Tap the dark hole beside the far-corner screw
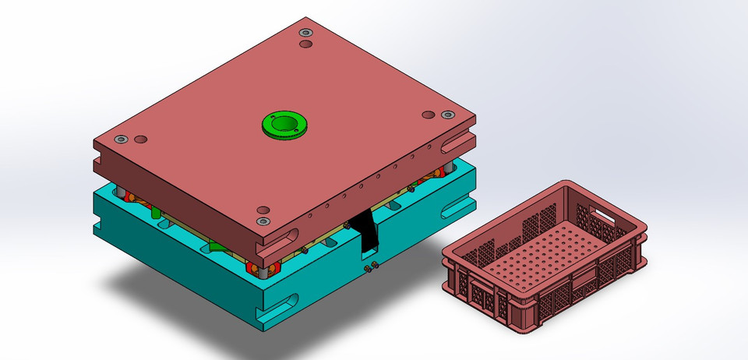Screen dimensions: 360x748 [305, 46]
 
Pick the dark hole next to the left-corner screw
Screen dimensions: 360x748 [140, 139]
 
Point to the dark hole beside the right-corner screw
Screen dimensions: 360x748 [428, 115]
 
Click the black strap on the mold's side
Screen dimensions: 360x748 [365, 233]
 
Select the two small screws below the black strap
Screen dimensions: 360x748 [371, 267]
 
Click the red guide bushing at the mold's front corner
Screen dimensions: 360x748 [256, 269]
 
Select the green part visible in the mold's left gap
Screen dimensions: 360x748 [156, 213]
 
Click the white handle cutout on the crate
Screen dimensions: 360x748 [602, 212]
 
